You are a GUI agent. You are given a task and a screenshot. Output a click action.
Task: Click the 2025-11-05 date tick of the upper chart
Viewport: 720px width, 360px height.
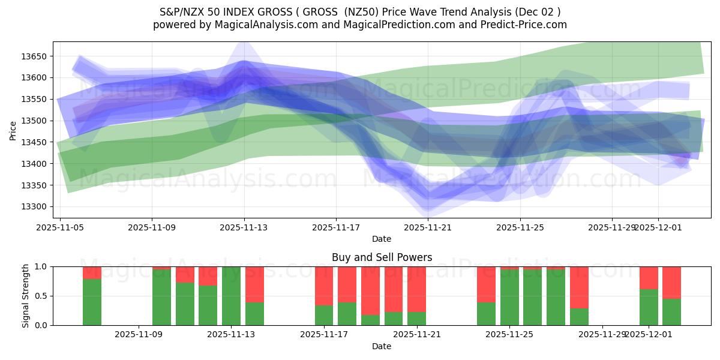[x=59, y=228]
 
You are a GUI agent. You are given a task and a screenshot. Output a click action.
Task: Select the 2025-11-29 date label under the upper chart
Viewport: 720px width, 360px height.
[x=612, y=228]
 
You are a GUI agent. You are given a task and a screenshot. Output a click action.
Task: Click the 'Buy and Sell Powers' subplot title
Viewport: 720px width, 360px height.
[x=382, y=257]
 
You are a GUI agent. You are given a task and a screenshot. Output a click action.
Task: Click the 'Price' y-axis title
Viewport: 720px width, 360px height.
[x=13, y=130]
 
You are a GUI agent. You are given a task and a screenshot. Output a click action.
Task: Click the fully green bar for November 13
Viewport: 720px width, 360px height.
[x=231, y=296]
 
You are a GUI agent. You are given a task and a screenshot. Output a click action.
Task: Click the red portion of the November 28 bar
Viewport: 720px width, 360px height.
[x=579, y=287]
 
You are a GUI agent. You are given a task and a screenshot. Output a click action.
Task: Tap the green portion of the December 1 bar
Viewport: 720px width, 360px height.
[x=649, y=307]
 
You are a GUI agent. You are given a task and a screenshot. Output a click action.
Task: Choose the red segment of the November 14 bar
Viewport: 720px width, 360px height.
[x=254, y=284]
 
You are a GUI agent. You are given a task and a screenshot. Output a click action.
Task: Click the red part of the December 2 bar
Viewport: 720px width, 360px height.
[x=671, y=282]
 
